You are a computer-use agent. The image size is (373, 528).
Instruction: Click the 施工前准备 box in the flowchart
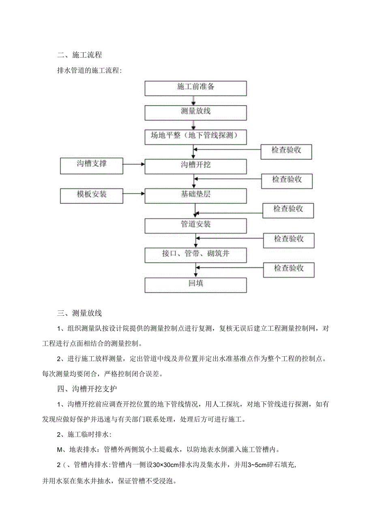[x=196, y=88]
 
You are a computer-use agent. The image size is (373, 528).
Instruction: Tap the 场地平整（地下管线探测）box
[x=196, y=136]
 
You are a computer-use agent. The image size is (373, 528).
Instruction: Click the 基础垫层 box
[x=196, y=195]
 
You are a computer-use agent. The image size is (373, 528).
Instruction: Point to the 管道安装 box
[x=196, y=224]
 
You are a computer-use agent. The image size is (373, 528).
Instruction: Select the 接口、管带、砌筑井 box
[x=196, y=254]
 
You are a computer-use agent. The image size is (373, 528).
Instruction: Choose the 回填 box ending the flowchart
[x=196, y=284]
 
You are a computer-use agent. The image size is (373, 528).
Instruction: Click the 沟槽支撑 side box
[x=92, y=164]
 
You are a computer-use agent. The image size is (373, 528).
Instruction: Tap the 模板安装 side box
[x=92, y=195]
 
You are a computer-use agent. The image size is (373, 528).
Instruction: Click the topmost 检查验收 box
[x=287, y=151]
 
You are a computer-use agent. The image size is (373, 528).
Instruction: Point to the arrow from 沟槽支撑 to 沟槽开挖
[x=133, y=164]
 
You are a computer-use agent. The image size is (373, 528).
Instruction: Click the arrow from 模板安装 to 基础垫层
[x=133, y=195]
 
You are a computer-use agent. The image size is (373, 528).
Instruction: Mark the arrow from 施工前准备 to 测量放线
[x=196, y=100]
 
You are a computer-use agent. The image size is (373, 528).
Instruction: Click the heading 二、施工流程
[x=79, y=54]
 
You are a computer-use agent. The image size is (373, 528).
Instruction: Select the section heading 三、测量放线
[x=79, y=313]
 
